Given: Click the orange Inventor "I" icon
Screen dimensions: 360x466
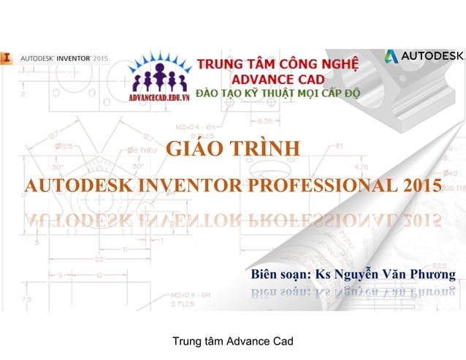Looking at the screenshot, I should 6,55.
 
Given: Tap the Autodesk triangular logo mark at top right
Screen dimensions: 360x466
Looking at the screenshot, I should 391,56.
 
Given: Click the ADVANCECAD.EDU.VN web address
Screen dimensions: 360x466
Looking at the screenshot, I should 158,96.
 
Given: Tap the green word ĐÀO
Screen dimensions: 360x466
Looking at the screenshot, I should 209,94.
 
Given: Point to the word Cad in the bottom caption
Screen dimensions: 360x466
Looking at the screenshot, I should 280,341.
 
